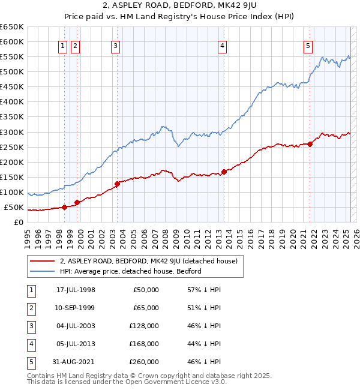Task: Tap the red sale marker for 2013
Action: pyautogui.click(x=224, y=172)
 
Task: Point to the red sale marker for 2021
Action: pyautogui.click(x=310, y=144)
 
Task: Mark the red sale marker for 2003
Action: pyautogui.click(x=117, y=184)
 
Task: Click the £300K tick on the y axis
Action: pyautogui.click(x=12, y=132)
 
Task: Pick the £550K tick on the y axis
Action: pyautogui.click(x=12, y=57)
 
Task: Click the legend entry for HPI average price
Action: pyautogui.click(x=130, y=271)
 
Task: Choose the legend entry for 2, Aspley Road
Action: pyautogui.click(x=149, y=261)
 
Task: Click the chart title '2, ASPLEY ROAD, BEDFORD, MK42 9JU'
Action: pyautogui.click(x=179, y=7)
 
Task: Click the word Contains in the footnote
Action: pyautogui.click(x=41, y=376)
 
